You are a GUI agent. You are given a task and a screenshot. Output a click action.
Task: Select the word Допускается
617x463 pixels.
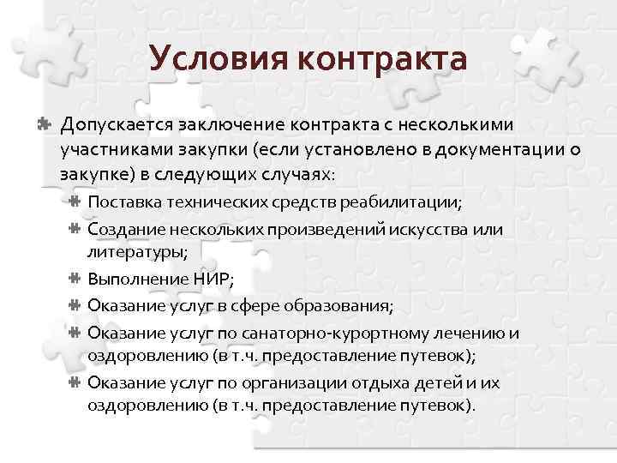(117, 125)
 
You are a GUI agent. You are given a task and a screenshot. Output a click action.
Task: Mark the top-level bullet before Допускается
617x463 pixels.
(40, 124)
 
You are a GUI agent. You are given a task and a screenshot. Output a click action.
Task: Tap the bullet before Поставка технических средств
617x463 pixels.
(75, 203)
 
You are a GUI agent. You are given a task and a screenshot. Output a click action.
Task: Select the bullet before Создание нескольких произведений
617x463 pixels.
(75, 229)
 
